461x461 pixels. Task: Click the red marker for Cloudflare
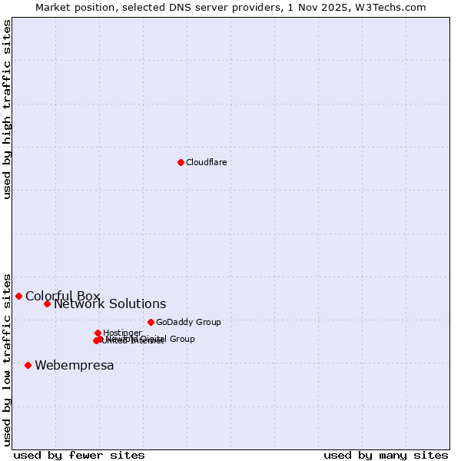181,162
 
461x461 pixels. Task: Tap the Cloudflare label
206,162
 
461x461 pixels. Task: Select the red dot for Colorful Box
18,296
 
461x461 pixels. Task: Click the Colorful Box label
62,296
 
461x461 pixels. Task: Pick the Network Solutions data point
47,303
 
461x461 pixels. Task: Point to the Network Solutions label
110,304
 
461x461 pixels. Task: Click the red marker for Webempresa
28,365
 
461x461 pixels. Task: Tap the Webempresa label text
74,366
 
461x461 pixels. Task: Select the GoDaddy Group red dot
151,322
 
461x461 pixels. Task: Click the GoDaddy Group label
188,322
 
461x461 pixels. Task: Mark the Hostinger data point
98,333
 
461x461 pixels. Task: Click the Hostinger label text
122,333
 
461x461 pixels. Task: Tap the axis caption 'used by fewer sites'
79,455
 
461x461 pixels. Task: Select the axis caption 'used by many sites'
386,455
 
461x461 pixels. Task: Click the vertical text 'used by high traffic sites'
7,109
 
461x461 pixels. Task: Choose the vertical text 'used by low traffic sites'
7,360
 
